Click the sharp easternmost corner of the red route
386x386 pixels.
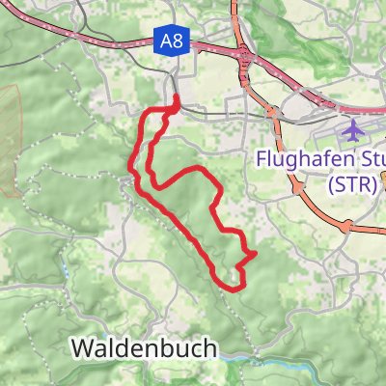(x=255, y=254)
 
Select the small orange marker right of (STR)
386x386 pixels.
(x=383, y=177)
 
